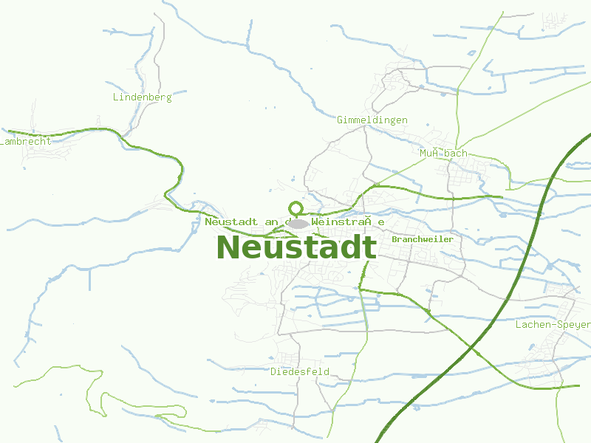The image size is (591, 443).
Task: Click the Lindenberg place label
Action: (142, 97)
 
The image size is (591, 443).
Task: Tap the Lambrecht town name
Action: (27, 141)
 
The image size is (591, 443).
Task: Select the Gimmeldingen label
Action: (372, 120)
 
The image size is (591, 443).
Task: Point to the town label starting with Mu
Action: (443, 153)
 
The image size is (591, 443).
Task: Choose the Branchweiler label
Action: (423, 239)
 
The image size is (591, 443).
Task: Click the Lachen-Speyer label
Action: (553, 324)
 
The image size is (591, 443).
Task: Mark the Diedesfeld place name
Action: (300, 371)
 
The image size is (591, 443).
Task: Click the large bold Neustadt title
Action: (296, 247)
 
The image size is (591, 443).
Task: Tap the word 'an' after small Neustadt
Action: (270, 221)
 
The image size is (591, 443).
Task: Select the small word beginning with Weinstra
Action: (348, 221)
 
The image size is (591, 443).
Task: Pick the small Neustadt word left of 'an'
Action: (231, 221)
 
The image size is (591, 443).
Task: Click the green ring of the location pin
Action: (296, 208)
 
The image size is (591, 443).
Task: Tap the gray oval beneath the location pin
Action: (298, 223)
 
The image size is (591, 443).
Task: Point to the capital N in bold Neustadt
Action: (228, 247)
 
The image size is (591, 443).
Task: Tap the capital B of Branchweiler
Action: (395, 239)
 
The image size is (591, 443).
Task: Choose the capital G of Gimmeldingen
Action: (340, 120)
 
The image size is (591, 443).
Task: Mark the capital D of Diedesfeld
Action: (273, 371)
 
